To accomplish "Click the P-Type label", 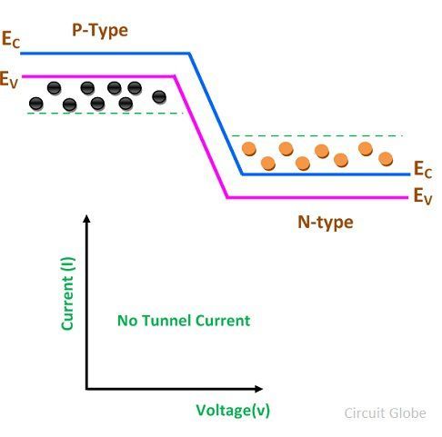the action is (x=100, y=31).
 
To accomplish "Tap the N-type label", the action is (x=326, y=223).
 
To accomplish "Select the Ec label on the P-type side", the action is (x=11, y=39).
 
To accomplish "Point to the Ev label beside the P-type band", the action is (x=9, y=80).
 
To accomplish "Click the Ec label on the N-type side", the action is (x=423, y=170).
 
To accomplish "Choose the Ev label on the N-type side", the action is (x=423, y=196).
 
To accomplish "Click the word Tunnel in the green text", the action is (x=166, y=321).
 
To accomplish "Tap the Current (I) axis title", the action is (x=67, y=293).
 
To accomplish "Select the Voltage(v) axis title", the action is (x=233, y=411).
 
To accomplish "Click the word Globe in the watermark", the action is (x=407, y=413).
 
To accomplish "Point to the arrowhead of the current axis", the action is (x=86, y=219).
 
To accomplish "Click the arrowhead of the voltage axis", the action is (x=258, y=389).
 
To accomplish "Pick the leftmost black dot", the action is (x=36, y=104).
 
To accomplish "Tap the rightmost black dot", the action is (x=159, y=97).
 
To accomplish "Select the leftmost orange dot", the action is (x=249, y=149).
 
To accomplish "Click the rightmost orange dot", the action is (x=386, y=159).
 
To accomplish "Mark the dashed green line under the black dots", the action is (x=105, y=114).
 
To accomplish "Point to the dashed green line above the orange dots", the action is (x=316, y=136).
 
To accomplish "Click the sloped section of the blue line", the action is (x=216, y=114).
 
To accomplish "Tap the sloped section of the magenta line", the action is (x=201, y=137).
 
